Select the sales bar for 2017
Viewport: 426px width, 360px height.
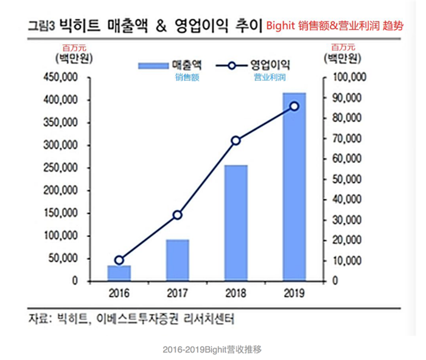[x=178, y=260]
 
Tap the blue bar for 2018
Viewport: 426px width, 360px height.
[x=236, y=223]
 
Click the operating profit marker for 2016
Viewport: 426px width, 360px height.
[x=119, y=260]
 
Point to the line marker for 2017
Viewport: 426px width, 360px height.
[x=178, y=215]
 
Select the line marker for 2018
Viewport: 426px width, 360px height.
[x=236, y=140]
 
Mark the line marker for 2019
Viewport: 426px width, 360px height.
[x=295, y=106]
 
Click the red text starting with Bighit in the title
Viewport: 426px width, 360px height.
[x=338, y=27]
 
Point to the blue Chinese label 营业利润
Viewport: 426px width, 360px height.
[x=270, y=77]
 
